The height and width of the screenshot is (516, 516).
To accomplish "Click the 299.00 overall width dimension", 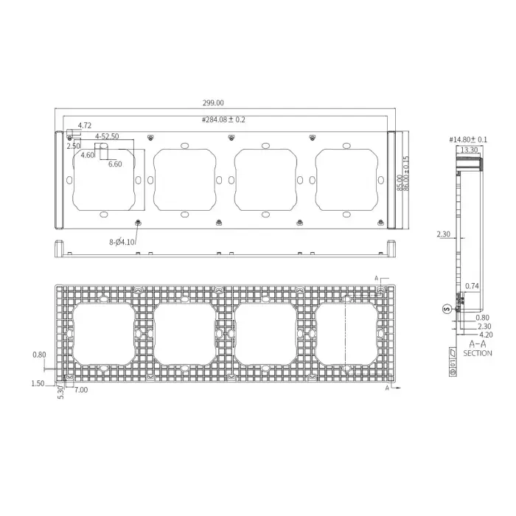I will coord(223,104).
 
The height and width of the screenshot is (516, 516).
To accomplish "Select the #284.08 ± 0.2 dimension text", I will coord(224,119).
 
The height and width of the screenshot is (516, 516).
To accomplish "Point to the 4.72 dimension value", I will coord(85,126).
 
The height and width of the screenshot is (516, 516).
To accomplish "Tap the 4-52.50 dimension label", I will coord(106,136).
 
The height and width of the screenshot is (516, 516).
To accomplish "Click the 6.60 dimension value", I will coord(115,164).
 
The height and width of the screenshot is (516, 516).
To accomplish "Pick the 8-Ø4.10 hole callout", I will coord(122,240).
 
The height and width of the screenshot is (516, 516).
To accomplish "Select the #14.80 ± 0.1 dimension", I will coord(469,139).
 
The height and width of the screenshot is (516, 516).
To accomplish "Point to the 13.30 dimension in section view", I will coord(468,149).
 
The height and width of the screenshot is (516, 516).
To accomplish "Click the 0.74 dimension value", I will coord(473,285).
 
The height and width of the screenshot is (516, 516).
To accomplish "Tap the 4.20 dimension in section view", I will coord(484,334).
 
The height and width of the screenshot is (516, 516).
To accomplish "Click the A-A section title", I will coord(477,344).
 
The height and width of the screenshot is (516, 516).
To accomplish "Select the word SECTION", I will coord(478,353).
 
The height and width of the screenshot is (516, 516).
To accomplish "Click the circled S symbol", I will coord(446,309).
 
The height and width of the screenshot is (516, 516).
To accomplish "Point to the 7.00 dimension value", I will coord(80,390).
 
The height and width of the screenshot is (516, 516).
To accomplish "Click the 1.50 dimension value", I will coord(39,383).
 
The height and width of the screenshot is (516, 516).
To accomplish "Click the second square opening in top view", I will coord(184,179).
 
